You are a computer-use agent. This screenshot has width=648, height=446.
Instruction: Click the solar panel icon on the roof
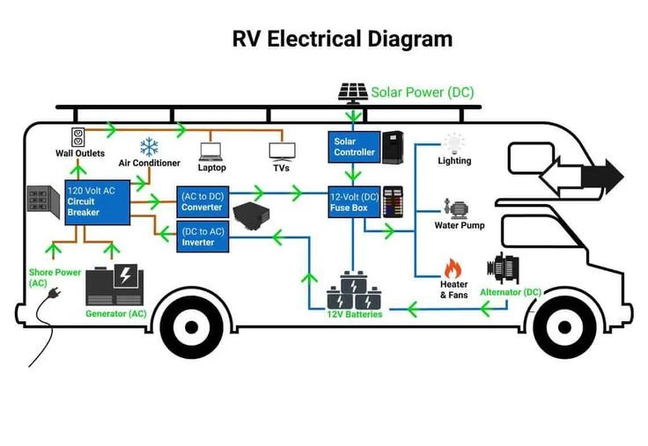coord(354,92)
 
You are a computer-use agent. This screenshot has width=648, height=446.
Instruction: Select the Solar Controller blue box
coord(353,146)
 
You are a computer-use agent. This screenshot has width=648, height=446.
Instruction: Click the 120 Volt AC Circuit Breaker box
coord(94,202)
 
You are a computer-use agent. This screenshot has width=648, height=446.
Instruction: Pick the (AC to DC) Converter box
coord(202,201)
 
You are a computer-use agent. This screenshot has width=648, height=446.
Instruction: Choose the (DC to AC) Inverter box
coord(202,237)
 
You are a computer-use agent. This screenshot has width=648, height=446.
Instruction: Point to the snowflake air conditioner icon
coord(149,147)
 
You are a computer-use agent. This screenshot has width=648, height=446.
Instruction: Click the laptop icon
coord(211,150)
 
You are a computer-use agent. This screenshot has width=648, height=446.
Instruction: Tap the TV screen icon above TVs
coord(280,150)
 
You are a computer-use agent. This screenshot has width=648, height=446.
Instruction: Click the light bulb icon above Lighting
coord(454,143)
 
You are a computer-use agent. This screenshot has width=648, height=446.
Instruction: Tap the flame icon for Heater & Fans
coord(453,268)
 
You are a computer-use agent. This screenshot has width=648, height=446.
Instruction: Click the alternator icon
coord(508,268)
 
